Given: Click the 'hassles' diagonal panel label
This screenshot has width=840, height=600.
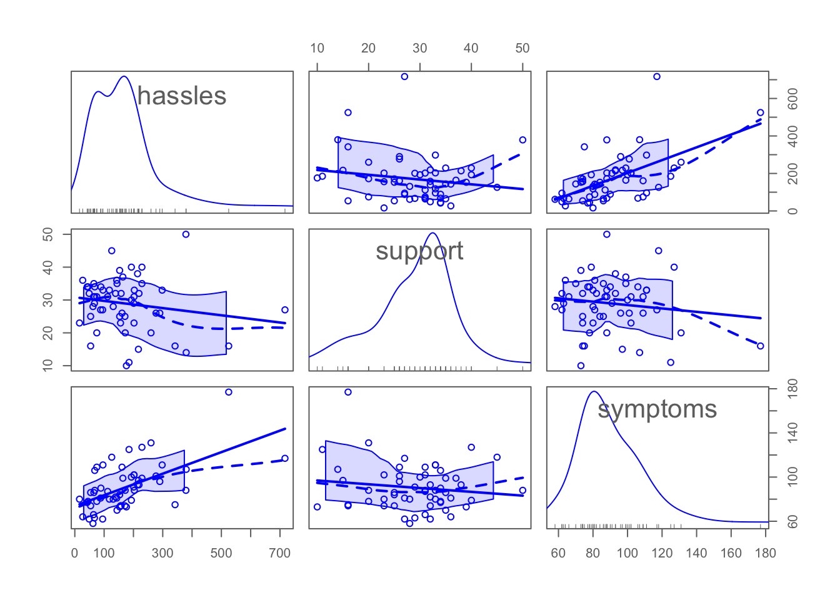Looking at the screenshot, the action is point(182,96).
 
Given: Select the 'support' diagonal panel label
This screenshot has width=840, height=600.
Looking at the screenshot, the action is point(419,251).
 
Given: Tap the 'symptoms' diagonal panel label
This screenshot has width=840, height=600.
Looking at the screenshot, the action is point(657,409).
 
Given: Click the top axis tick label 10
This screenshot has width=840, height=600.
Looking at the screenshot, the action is point(317,48).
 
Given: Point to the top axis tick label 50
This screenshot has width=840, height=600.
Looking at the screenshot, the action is point(522,48).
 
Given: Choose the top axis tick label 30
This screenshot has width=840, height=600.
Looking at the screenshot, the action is point(419,48).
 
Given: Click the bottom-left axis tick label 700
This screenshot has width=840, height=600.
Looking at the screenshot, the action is point(280,553).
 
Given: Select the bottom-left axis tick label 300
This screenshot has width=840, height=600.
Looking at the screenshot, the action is point(162,553).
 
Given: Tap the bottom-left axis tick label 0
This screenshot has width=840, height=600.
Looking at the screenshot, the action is point(74,553).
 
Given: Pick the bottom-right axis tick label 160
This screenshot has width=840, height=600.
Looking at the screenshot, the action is point(731,553).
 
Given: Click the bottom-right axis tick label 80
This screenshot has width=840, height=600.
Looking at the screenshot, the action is point(593,553).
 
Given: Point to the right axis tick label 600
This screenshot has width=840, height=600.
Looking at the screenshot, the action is point(792,99).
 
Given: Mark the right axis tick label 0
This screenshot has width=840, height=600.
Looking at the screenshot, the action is point(792,211).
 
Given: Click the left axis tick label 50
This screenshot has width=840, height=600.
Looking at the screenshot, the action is point(47,234).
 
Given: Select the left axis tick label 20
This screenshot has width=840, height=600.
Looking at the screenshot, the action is point(47,332).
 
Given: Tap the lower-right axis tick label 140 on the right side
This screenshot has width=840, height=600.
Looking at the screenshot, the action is point(792,432).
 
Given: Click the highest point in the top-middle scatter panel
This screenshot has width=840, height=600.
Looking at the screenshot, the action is point(404,76).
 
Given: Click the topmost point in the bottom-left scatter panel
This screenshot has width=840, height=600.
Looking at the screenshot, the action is point(228,392).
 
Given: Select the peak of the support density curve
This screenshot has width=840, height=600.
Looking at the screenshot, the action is point(432,233).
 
